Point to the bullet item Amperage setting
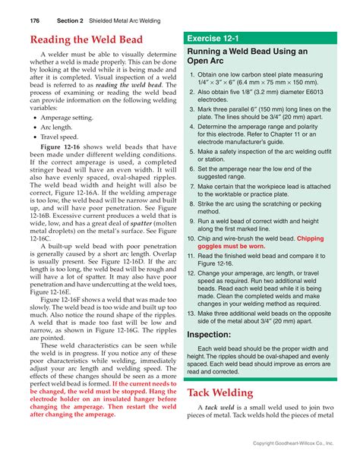pos(72,118)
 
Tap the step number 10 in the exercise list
pos(191,238)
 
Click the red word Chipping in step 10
pos(315,238)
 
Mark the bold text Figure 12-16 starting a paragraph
pos(62,146)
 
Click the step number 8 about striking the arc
pos(191,203)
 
